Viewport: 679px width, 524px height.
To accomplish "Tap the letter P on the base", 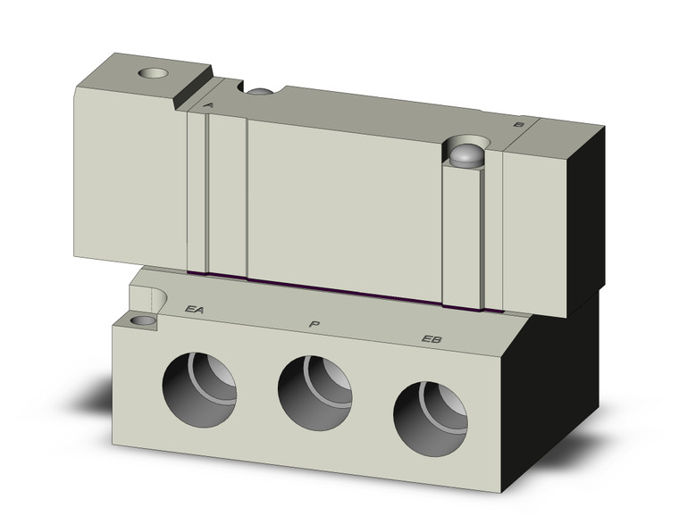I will pyautogui.click(x=313, y=323).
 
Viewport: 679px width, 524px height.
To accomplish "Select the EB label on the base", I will pyautogui.click(x=432, y=338).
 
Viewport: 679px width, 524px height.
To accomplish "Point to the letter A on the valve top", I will pyautogui.click(x=208, y=106).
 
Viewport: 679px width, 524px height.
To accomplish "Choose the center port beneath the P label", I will pyautogui.click(x=314, y=397).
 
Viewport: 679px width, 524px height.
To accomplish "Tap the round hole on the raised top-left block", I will pyautogui.click(x=157, y=73).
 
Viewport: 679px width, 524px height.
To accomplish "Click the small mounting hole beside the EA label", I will pyautogui.click(x=141, y=320).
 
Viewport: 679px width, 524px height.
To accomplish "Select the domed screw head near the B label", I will pyautogui.click(x=466, y=155).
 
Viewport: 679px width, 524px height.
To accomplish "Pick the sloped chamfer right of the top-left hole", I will pyautogui.click(x=193, y=90).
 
